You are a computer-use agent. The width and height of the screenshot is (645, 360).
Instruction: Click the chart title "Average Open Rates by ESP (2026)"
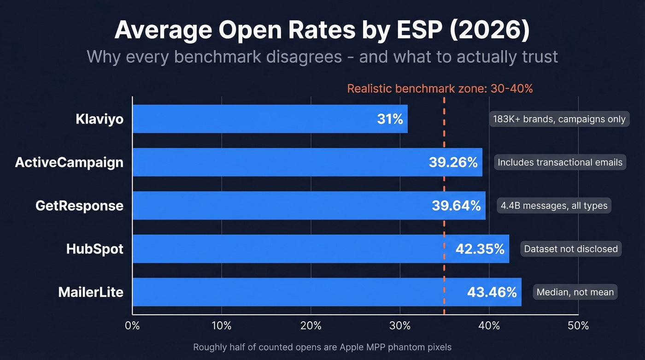(x=322, y=31)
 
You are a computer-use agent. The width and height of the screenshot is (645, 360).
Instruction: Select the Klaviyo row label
(x=100, y=119)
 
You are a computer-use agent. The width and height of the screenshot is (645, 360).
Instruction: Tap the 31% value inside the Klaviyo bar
(x=390, y=119)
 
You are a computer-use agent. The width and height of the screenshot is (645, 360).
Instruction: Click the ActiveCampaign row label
(x=69, y=162)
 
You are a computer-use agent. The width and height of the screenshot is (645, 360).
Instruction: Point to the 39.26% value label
(x=453, y=162)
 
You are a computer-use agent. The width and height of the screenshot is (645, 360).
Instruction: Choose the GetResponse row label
(x=79, y=206)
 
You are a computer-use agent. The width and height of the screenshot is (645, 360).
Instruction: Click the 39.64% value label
(x=456, y=206)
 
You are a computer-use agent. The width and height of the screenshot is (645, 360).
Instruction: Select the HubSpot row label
(x=95, y=249)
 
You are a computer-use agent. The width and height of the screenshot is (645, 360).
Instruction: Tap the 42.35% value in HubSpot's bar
(x=480, y=249)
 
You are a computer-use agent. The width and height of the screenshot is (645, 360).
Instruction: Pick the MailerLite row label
(x=91, y=292)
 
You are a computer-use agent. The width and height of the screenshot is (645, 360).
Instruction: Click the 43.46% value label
(x=492, y=292)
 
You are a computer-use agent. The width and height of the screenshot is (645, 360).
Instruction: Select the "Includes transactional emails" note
(x=560, y=162)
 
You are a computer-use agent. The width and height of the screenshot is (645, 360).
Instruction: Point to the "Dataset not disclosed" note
(x=571, y=249)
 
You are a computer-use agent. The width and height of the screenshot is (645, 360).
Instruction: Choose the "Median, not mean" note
(x=575, y=292)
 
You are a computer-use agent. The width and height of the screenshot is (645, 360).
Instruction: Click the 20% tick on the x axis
(x=311, y=325)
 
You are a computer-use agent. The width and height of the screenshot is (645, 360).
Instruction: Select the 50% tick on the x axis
(x=578, y=325)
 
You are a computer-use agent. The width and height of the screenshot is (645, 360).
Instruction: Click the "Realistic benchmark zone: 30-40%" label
(x=440, y=89)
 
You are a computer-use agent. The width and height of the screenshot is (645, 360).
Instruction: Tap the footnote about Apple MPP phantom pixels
(x=322, y=347)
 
